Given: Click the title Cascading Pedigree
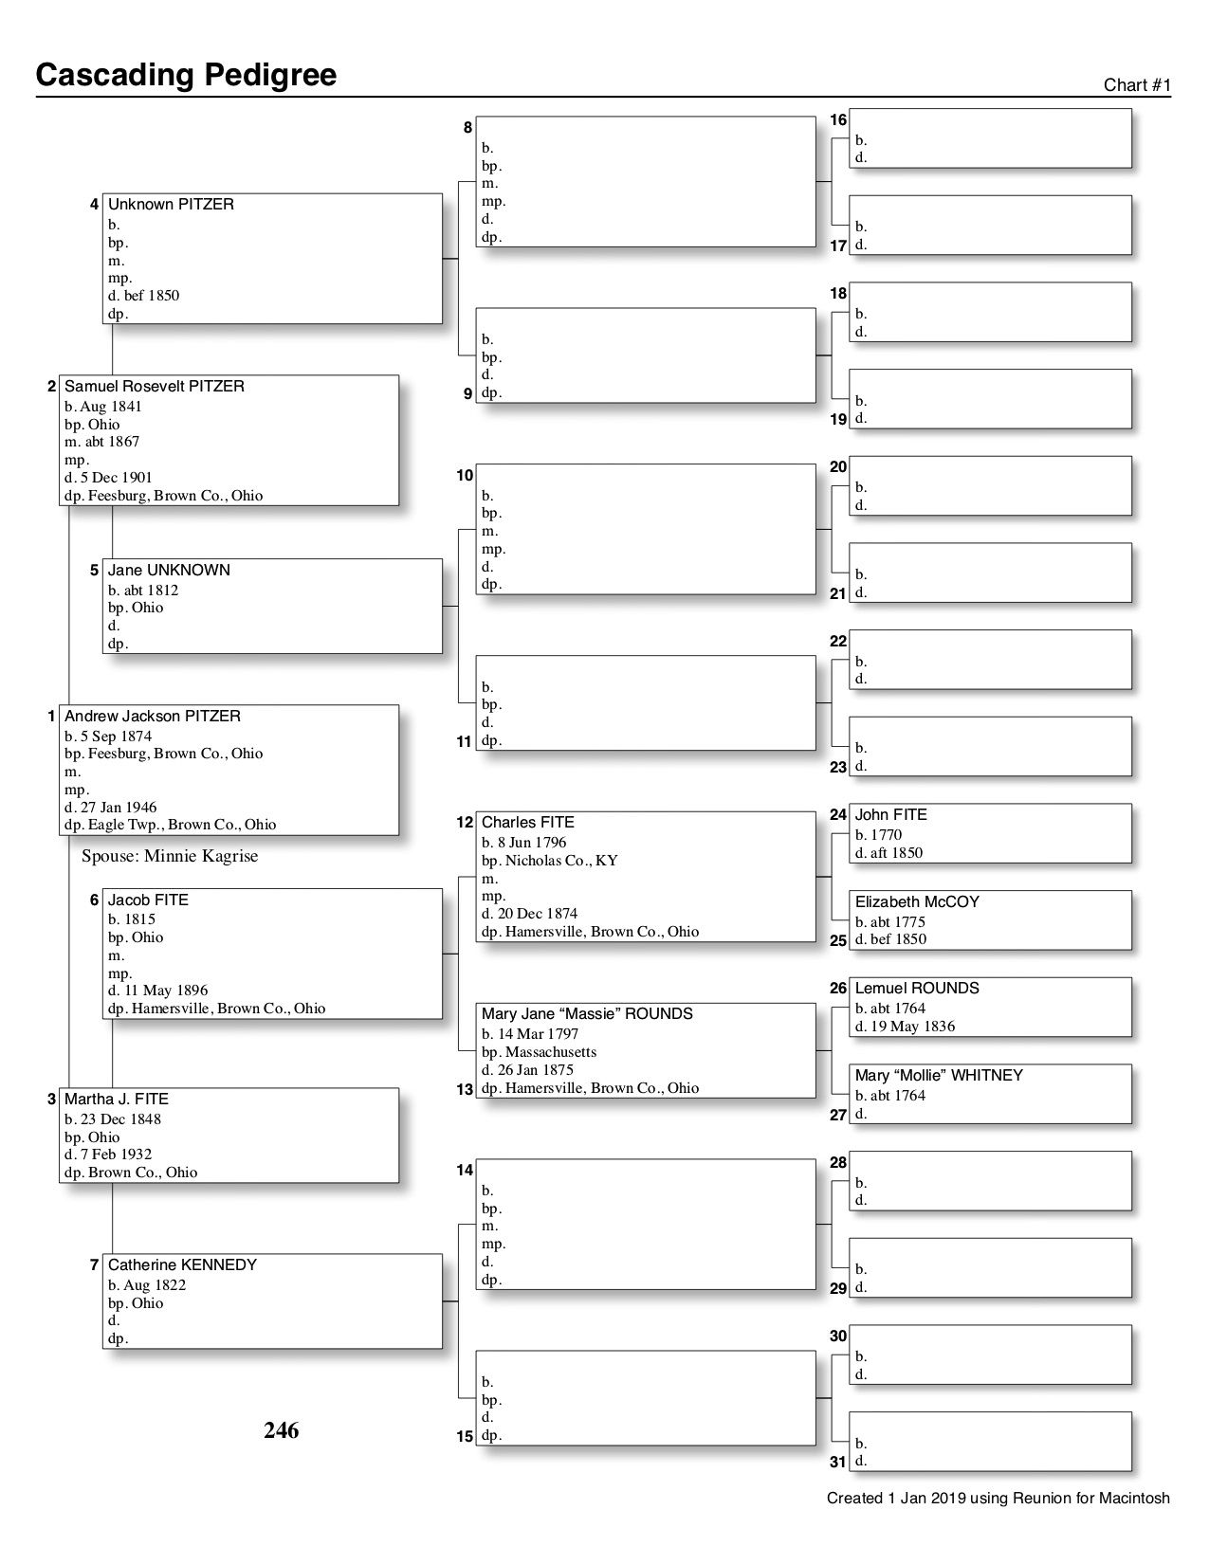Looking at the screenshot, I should [x=186, y=75].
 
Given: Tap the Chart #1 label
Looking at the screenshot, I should [x=1137, y=85].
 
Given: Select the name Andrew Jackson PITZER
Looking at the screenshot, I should [x=152, y=717].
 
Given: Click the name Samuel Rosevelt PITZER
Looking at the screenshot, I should [x=154, y=387].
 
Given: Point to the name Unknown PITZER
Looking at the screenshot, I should [x=171, y=205].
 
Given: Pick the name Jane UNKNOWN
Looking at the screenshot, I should [x=169, y=571].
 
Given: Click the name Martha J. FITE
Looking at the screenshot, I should [x=116, y=1100].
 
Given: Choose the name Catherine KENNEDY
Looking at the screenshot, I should [x=182, y=1265].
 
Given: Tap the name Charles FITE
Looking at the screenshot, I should [x=527, y=823].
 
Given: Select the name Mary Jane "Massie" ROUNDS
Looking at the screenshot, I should [x=587, y=1014].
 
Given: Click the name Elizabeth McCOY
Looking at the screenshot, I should [x=917, y=902].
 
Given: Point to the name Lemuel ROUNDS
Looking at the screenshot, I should [x=917, y=989].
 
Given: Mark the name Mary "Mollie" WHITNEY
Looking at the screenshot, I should [x=939, y=1076].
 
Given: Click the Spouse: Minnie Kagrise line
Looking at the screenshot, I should [x=170, y=857].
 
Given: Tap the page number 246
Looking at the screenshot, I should [x=281, y=1430].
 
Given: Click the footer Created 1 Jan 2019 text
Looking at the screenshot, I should [x=998, y=1499].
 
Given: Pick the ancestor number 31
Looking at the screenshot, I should [x=837, y=1463].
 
